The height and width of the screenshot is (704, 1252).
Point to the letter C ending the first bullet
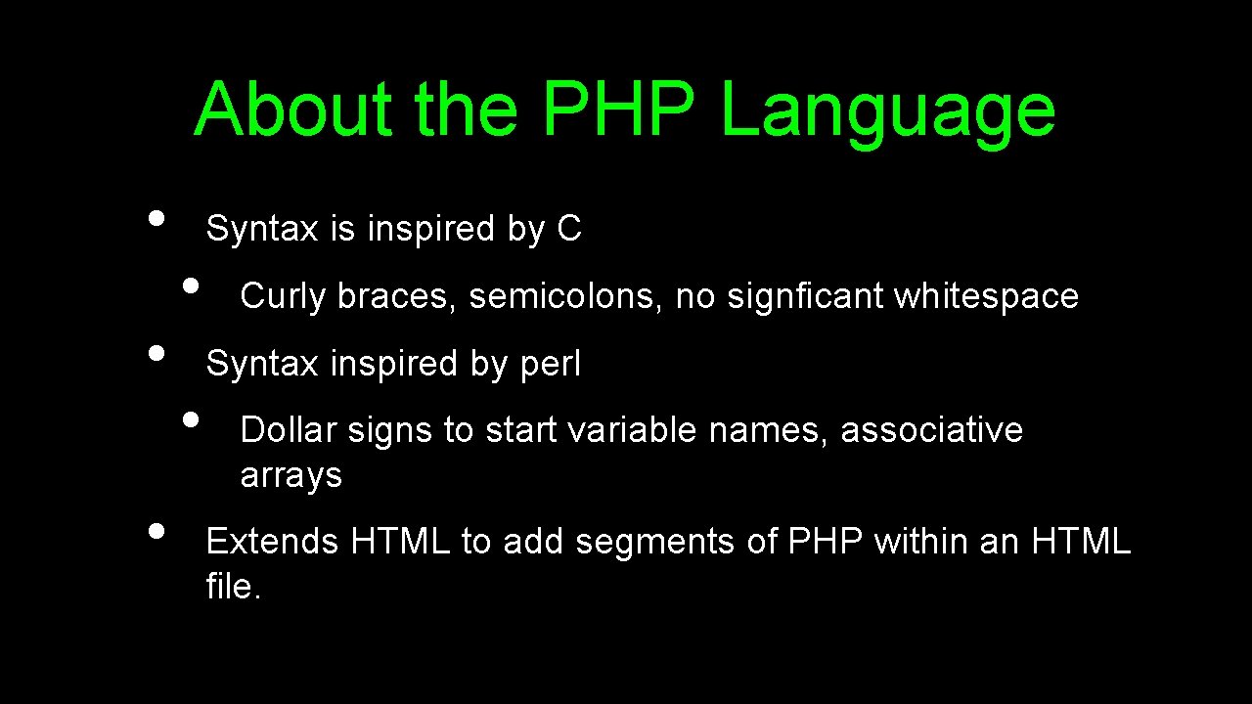(x=569, y=229)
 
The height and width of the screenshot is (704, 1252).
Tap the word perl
(x=551, y=364)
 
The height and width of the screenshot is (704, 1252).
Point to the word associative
(x=931, y=430)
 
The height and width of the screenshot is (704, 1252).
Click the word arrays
(x=291, y=476)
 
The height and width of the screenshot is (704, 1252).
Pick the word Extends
(x=273, y=541)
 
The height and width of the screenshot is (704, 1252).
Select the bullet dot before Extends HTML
(x=156, y=531)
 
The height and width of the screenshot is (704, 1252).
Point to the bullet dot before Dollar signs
(x=191, y=419)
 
